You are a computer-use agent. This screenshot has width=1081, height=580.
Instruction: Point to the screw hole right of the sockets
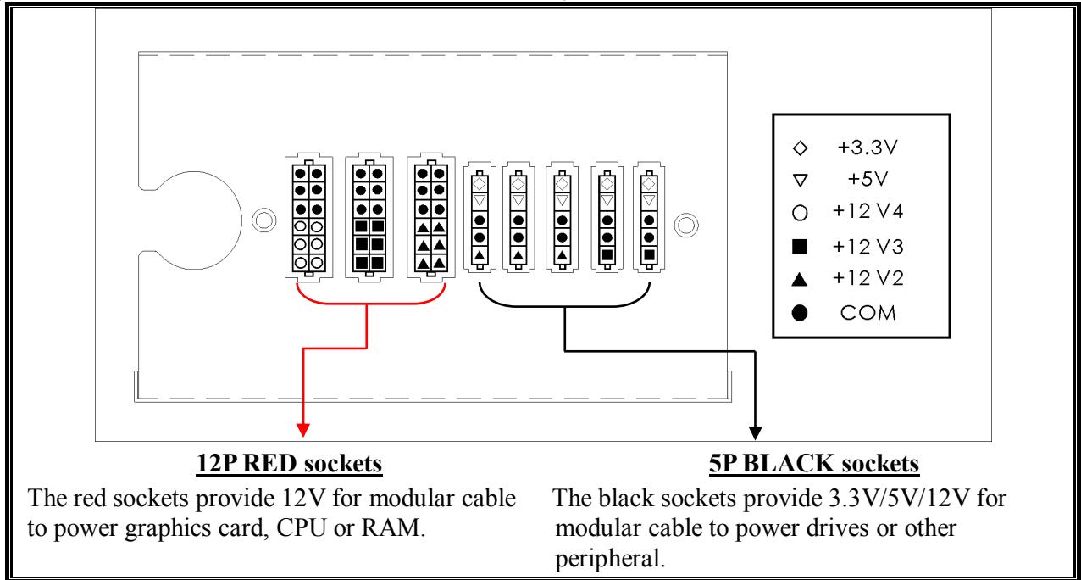[x=685, y=225]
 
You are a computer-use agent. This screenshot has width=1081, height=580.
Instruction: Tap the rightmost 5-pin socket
[x=649, y=218]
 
